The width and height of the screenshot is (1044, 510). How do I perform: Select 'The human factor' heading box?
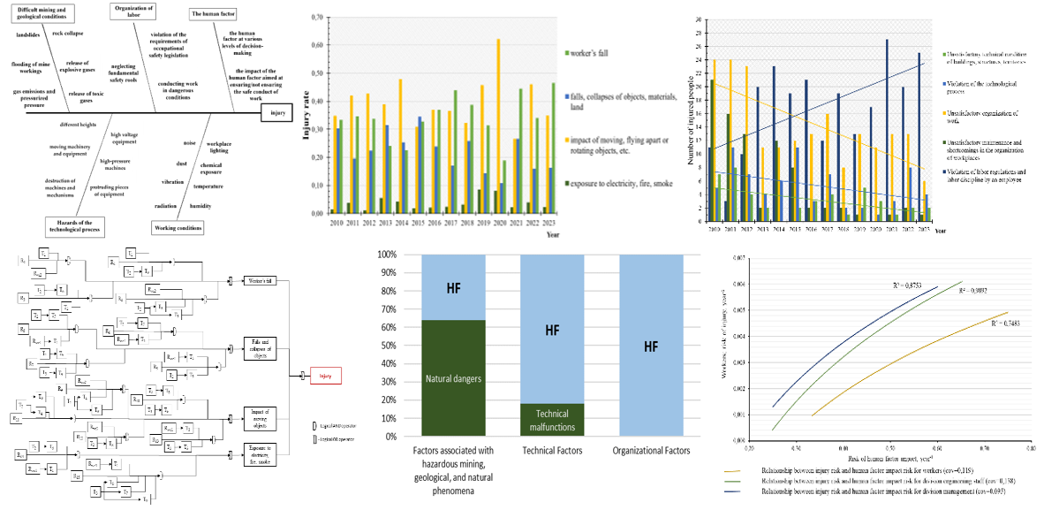tap(213, 14)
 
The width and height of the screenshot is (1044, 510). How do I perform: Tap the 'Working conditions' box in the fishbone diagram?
tap(177, 227)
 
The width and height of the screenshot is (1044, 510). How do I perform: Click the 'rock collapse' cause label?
tap(68, 33)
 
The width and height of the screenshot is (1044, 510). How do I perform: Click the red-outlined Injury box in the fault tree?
tap(324, 376)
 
